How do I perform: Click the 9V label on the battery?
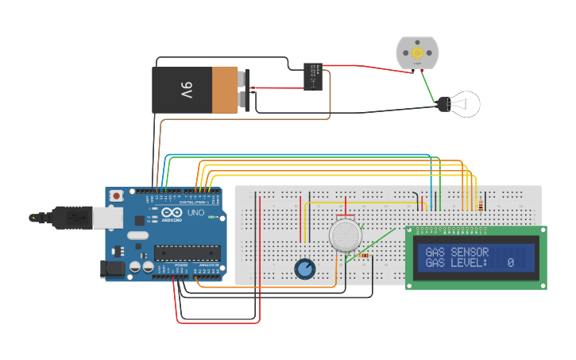[x=186, y=90]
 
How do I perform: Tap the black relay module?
[x=312, y=76]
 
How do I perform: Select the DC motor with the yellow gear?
[x=417, y=52]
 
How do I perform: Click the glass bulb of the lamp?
[x=466, y=103]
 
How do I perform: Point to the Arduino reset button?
[x=117, y=195]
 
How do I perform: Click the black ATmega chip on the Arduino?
[x=186, y=253]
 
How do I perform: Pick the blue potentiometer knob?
[x=304, y=269]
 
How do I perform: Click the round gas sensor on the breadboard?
[x=345, y=235]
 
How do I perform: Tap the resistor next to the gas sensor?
[x=364, y=256]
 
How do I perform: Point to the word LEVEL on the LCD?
[x=463, y=263]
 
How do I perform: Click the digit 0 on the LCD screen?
[x=510, y=263]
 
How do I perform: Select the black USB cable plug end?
[x=37, y=217]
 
